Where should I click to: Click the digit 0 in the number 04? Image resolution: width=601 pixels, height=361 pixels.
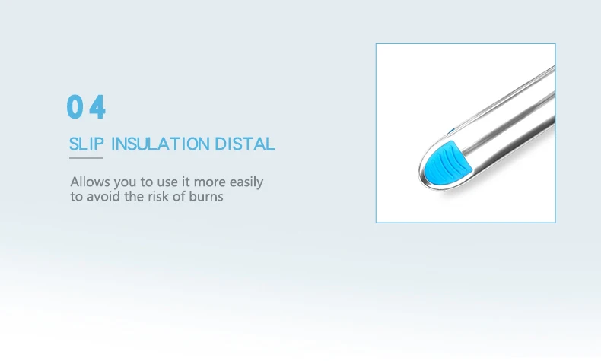[x=75, y=107]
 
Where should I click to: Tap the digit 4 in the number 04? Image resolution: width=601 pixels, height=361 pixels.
[x=97, y=107]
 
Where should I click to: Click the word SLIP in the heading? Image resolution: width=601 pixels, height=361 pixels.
[x=87, y=144]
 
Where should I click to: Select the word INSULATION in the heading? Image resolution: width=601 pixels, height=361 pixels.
[x=161, y=144]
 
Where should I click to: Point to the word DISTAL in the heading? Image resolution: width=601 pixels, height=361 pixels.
[x=244, y=144]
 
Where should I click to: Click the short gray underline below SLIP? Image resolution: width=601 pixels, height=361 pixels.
[x=86, y=158]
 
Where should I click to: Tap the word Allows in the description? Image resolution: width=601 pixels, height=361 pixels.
[x=90, y=182]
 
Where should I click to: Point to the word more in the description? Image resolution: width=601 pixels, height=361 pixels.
[x=210, y=182]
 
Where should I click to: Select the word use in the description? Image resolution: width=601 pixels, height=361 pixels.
[x=167, y=182]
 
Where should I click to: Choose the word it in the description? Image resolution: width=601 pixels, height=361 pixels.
[x=185, y=182]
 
